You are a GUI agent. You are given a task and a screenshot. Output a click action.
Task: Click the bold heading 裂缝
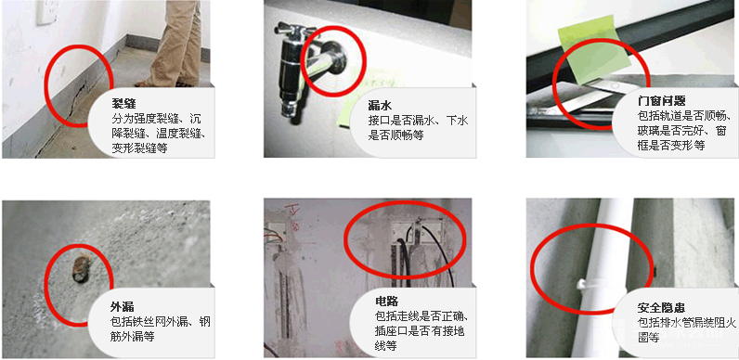click(x=123, y=103)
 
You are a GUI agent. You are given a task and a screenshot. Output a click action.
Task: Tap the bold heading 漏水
click(x=380, y=105)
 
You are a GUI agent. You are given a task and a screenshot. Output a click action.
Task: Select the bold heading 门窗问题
click(x=661, y=101)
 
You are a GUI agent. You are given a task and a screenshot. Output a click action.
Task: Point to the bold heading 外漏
click(x=122, y=307)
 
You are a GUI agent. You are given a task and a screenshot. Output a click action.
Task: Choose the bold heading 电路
click(x=387, y=302)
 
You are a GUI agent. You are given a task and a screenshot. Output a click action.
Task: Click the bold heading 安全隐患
click(x=661, y=308)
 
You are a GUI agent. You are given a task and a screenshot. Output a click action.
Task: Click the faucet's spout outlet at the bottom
click(x=289, y=111)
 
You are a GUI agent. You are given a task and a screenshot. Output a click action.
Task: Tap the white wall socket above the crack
click(x=46, y=12)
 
